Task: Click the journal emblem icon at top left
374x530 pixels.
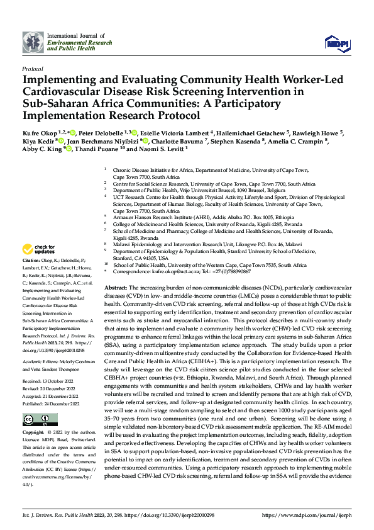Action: point(33,42)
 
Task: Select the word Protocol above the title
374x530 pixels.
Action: point(33,68)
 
